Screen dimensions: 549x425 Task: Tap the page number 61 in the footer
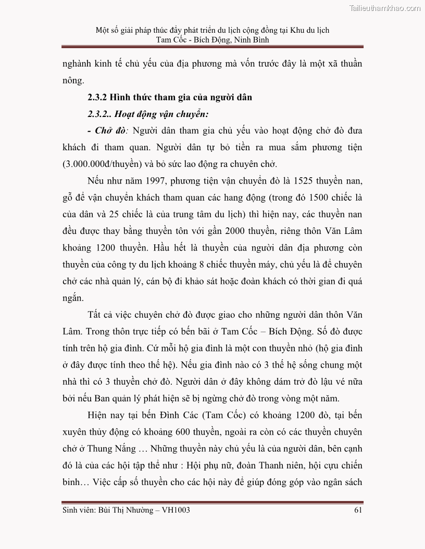click(x=357, y=510)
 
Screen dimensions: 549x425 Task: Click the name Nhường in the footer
click(x=136, y=510)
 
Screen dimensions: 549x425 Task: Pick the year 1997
click(x=145, y=180)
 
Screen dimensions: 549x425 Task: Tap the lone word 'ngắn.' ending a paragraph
click(x=73, y=298)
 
